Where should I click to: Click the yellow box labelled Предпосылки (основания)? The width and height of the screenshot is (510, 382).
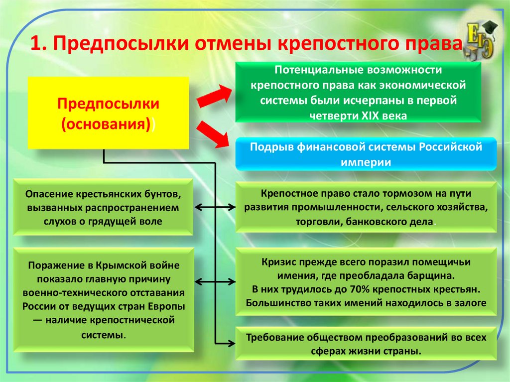click(108, 113)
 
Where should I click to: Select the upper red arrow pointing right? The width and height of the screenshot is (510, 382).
click(214, 96)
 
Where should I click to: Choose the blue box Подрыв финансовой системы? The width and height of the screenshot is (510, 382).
click(366, 154)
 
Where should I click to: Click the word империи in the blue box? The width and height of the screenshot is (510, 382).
click(366, 162)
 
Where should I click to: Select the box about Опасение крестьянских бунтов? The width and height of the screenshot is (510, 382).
click(103, 207)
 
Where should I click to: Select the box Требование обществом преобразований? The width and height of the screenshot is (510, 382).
click(367, 344)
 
